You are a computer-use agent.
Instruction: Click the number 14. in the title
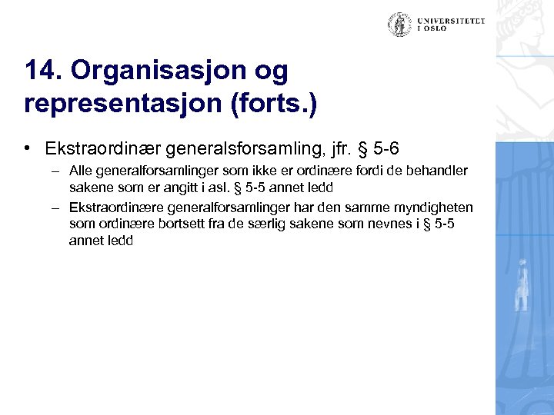tap(43, 71)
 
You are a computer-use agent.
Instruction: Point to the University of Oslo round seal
tap(399, 25)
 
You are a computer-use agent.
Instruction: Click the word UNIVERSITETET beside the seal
tap(452, 21)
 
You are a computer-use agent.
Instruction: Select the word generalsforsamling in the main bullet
tap(247, 146)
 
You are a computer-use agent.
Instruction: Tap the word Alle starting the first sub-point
tap(80, 170)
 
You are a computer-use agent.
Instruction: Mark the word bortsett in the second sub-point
tap(182, 224)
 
